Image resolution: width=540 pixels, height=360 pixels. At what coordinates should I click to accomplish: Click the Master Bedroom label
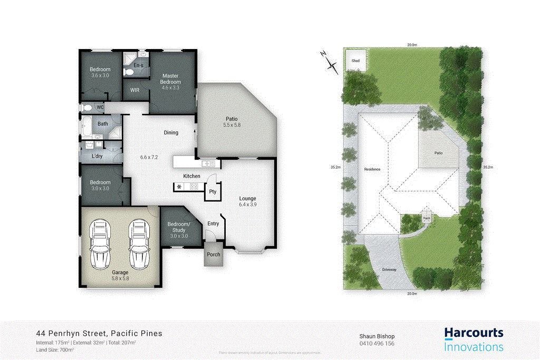[x=171, y=79]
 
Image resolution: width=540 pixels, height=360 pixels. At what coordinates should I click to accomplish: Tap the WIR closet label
[x=134, y=90]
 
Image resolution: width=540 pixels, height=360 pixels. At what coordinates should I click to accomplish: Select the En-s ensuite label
[x=138, y=65]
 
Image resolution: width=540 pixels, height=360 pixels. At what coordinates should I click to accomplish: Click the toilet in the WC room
[x=88, y=108]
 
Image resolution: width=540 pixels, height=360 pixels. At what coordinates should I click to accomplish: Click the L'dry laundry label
[x=97, y=157]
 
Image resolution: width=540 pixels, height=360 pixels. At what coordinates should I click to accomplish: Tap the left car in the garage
[x=100, y=244]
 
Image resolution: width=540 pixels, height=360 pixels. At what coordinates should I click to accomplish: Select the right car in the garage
[x=139, y=244]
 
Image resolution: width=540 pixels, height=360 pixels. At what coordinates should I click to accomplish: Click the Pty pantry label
[x=213, y=192]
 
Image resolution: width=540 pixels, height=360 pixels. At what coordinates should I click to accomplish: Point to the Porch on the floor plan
[x=214, y=255]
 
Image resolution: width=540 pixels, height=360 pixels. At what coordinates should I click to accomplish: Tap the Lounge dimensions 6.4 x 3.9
[x=247, y=205]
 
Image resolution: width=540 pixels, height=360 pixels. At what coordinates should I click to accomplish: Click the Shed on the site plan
[x=356, y=61]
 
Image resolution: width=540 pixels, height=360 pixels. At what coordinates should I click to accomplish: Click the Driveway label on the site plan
[x=389, y=269]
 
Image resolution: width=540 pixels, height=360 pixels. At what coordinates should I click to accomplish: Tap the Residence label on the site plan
[x=372, y=169]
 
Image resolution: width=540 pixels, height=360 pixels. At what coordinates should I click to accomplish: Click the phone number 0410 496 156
[x=377, y=344]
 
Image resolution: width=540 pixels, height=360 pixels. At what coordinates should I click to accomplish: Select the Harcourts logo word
[x=474, y=333]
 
